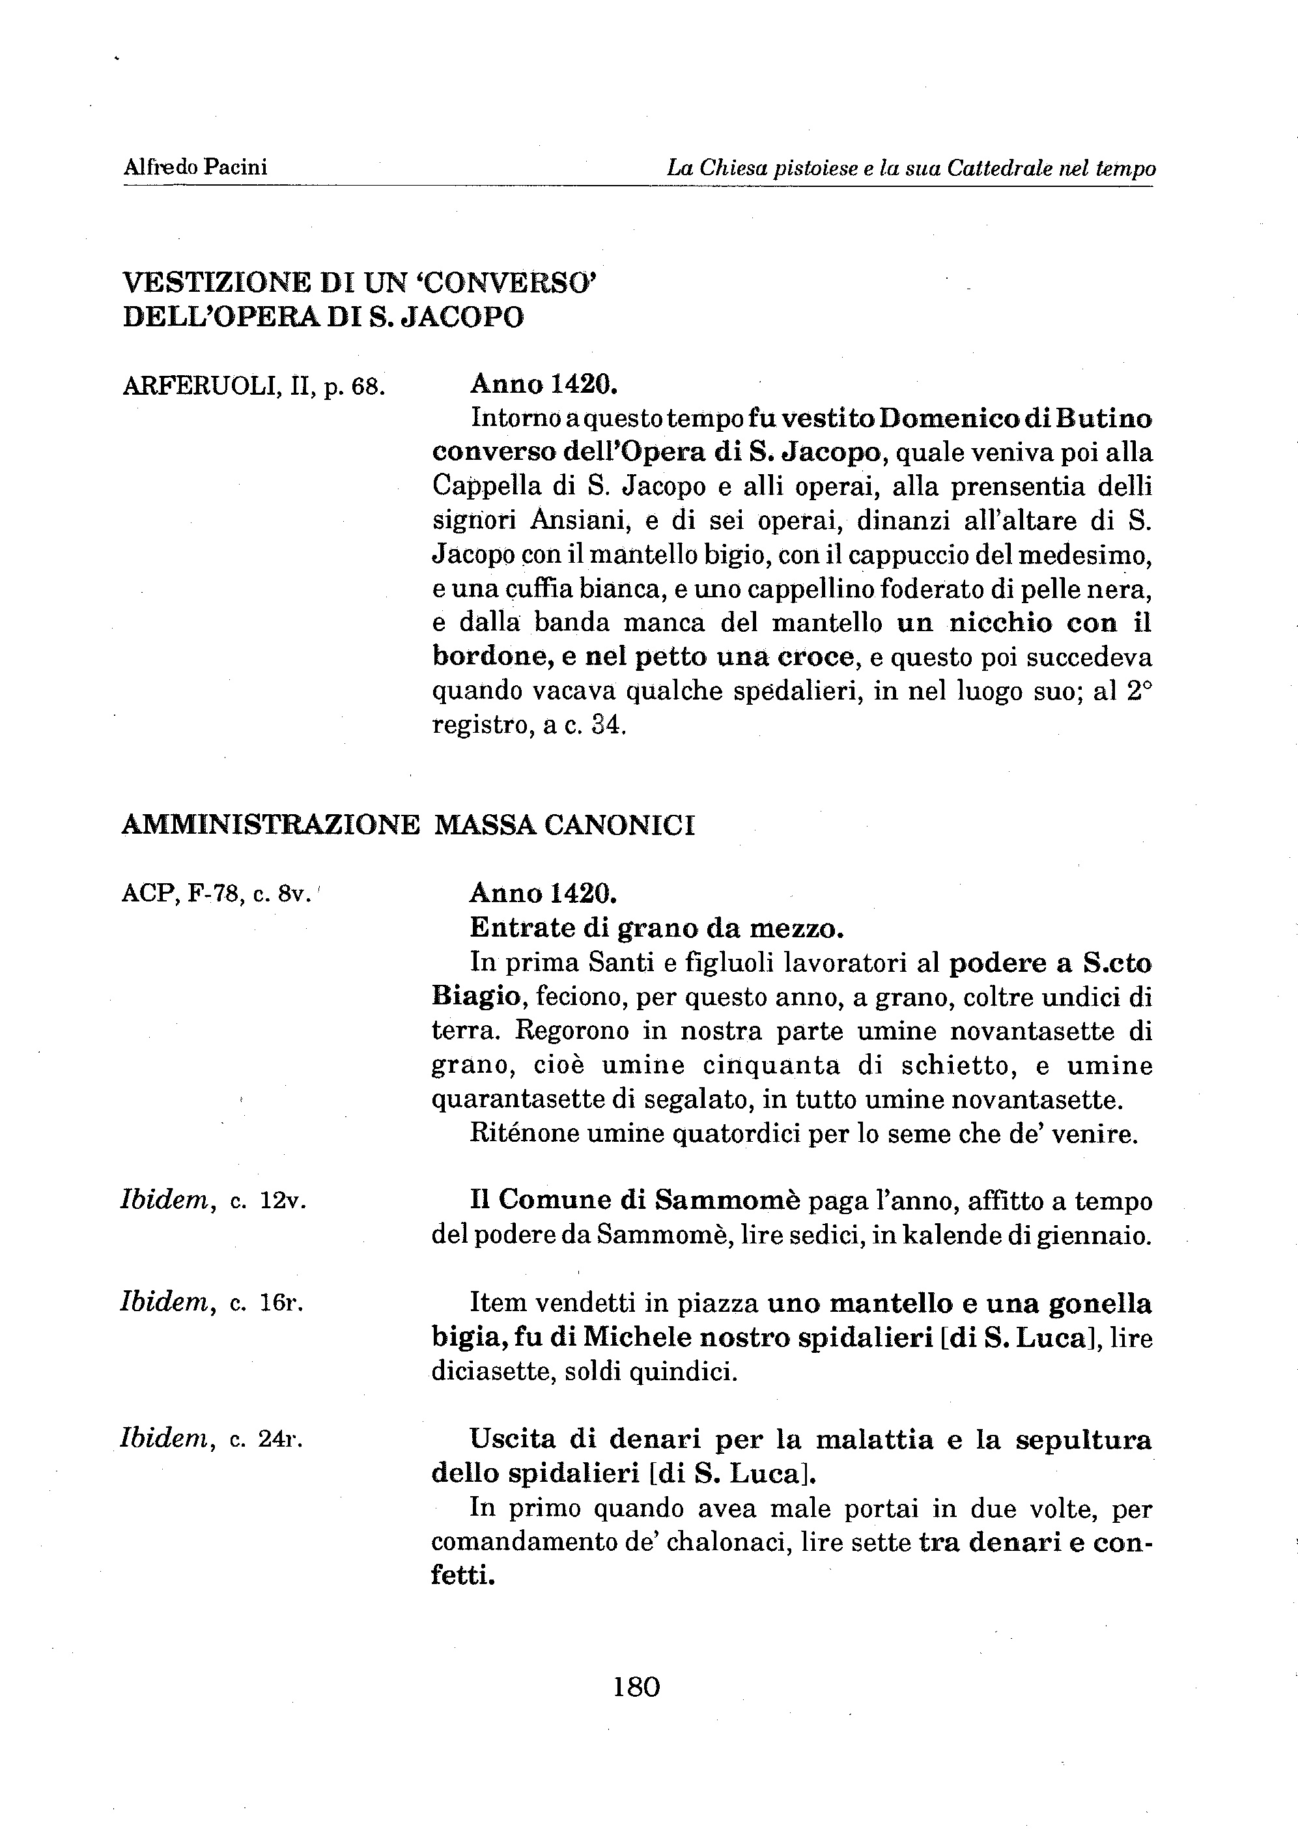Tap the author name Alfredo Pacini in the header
[195, 167]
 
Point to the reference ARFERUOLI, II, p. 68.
[254, 387]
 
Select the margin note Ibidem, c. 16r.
[212, 1303]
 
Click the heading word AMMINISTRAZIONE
[270, 825]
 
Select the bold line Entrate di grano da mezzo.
[656, 928]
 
